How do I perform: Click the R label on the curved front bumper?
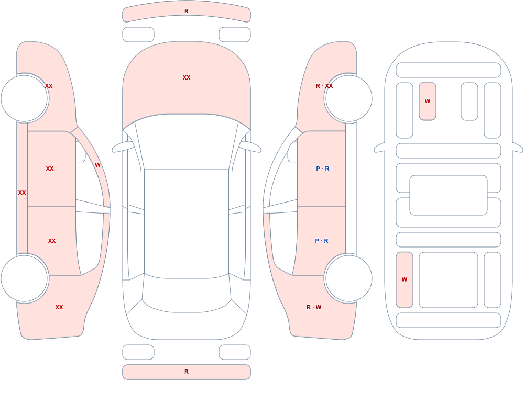[x=187, y=12]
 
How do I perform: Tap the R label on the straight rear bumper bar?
[x=187, y=372]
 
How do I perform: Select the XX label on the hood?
[x=187, y=77]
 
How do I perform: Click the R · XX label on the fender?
[x=324, y=86]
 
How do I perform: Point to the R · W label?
[x=314, y=307]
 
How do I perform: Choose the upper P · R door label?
[x=322, y=169]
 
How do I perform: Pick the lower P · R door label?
[x=322, y=241]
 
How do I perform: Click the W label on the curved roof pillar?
[x=97, y=165]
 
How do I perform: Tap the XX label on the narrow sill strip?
[x=22, y=193]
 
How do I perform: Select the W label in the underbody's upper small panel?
[x=428, y=101]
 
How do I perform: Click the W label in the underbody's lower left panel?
[x=405, y=279]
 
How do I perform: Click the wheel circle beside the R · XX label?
[x=348, y=98]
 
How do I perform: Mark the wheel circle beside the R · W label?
[x=348, y=278]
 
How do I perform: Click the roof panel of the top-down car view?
[x=187, y=223]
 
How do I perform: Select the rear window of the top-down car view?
[x=187, y=294]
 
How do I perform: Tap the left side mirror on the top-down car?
[x=122, y=147]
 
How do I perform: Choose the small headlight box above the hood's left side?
[x=138, y=35]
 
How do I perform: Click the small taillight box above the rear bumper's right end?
[x=235, y=352]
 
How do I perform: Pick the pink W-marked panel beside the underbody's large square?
[x=405, y=280]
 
